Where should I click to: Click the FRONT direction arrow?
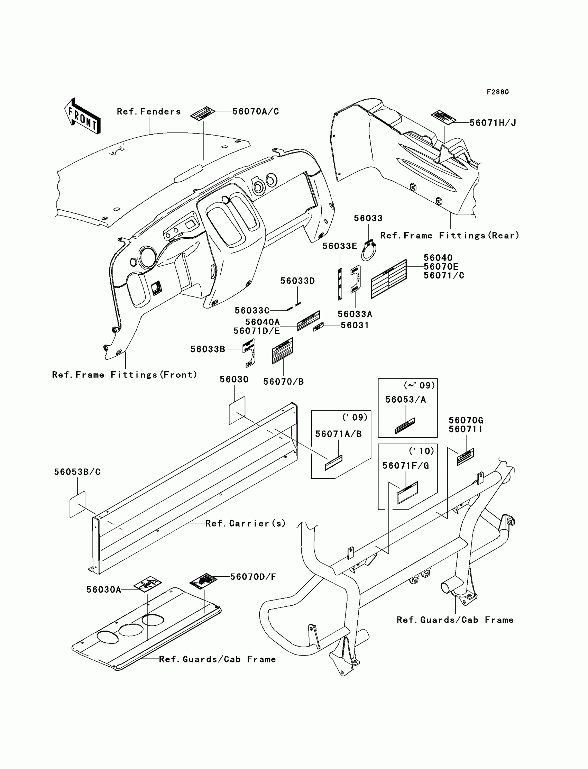pos(83,116)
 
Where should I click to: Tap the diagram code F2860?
pos(497,92)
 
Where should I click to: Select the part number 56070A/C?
pos(256,111)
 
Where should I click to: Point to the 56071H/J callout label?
pos(493,123)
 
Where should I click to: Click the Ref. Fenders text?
pos(149,112)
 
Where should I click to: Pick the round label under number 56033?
pos(369,250)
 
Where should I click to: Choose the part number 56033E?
pos(340,246)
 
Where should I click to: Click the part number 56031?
pos(355,325)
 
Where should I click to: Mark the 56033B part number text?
pos(208,349)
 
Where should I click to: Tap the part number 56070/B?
pos(284,382)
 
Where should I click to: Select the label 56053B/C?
pos(77,472)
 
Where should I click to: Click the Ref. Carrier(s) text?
pos(245,523)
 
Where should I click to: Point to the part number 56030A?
pos(104,590)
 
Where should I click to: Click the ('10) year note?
pos(421,451)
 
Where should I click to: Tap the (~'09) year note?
pos(419,385)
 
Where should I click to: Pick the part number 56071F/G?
pos(405,466)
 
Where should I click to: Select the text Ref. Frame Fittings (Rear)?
pos(449,236)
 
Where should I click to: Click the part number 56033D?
pos(297,281)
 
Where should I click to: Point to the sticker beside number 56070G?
pos(466,456)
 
